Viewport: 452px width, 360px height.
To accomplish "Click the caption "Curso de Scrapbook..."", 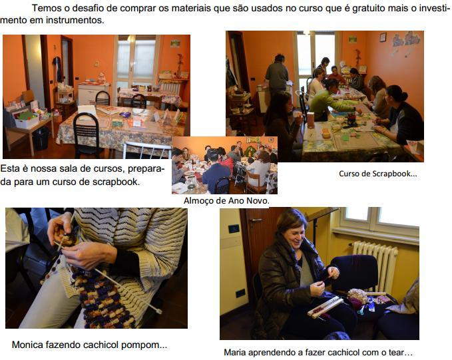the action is coord(378,174).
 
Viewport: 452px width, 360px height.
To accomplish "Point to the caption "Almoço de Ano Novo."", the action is coord(226,200).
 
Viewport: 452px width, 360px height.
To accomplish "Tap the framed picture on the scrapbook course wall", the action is coord(383,37).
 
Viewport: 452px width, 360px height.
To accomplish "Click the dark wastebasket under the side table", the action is coord(41,138).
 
